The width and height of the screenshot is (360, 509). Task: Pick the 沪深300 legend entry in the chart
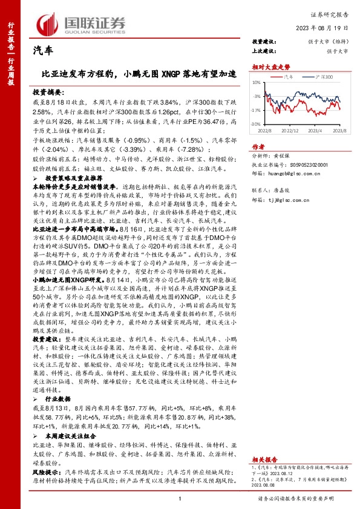coord(324,77)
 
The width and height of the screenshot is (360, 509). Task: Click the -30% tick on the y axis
coord(256,124)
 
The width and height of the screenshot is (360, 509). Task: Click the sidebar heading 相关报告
coord(264,443)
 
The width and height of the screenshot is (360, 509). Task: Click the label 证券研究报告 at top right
coord(332,15)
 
